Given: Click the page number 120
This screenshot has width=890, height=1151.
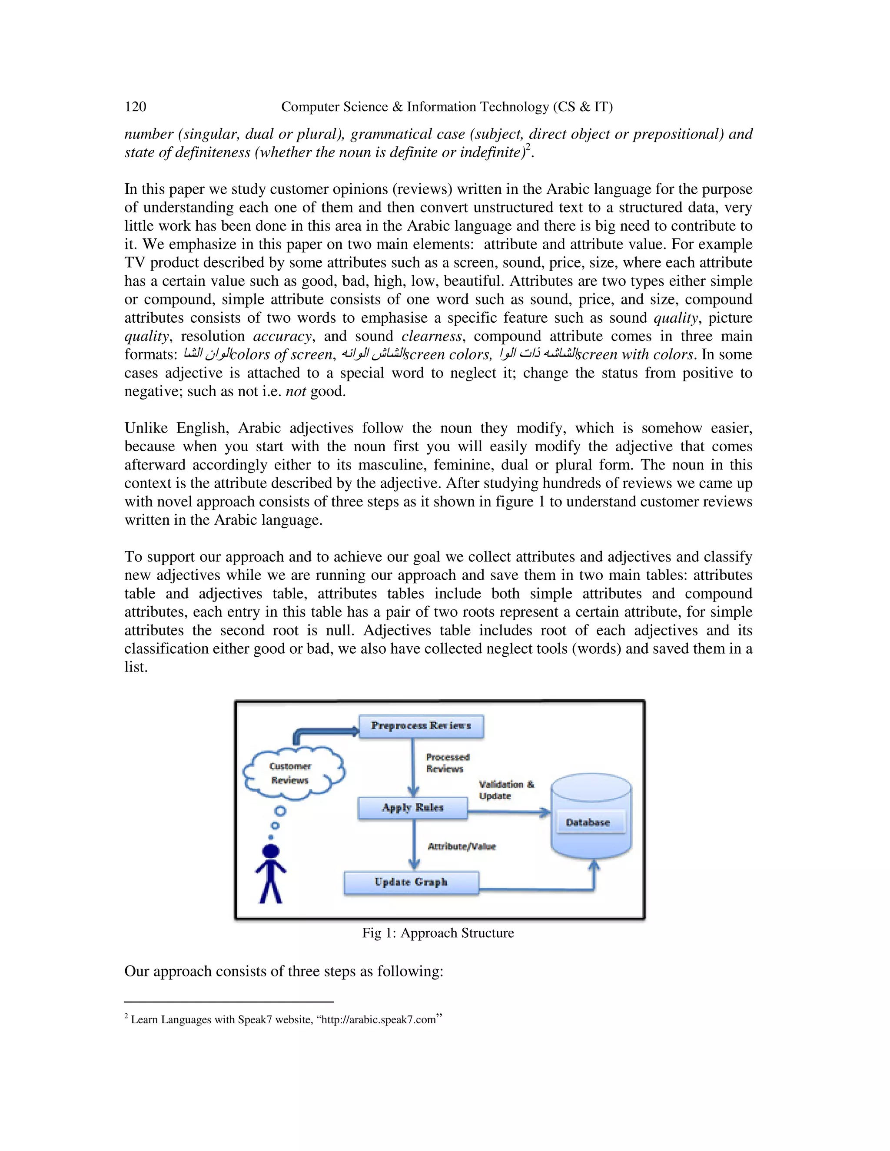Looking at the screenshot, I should tap(136, 107).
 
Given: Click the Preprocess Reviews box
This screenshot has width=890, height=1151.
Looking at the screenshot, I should tap(421, 726).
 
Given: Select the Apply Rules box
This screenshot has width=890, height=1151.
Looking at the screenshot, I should tap(412, 808).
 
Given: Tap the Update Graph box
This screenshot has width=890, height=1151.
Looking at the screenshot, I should tap(411, 882).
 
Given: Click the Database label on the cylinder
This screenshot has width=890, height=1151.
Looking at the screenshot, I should tap(588, 823).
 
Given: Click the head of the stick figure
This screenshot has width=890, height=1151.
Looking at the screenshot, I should tap(270, 851).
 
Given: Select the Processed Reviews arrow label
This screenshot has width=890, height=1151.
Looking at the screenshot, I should tap(447, 763).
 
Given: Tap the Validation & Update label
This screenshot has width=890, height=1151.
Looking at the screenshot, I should tap(505, 790).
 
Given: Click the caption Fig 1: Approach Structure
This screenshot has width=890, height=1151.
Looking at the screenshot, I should tap(438, 933).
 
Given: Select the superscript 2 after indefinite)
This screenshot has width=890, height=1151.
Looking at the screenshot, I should tap(528, 148).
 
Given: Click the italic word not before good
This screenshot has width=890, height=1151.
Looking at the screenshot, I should tap(295, 392).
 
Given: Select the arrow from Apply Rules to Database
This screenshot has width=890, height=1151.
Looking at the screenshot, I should tap(509, 812).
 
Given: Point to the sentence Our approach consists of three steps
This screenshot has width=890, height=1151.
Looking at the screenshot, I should tap(284, 971).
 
